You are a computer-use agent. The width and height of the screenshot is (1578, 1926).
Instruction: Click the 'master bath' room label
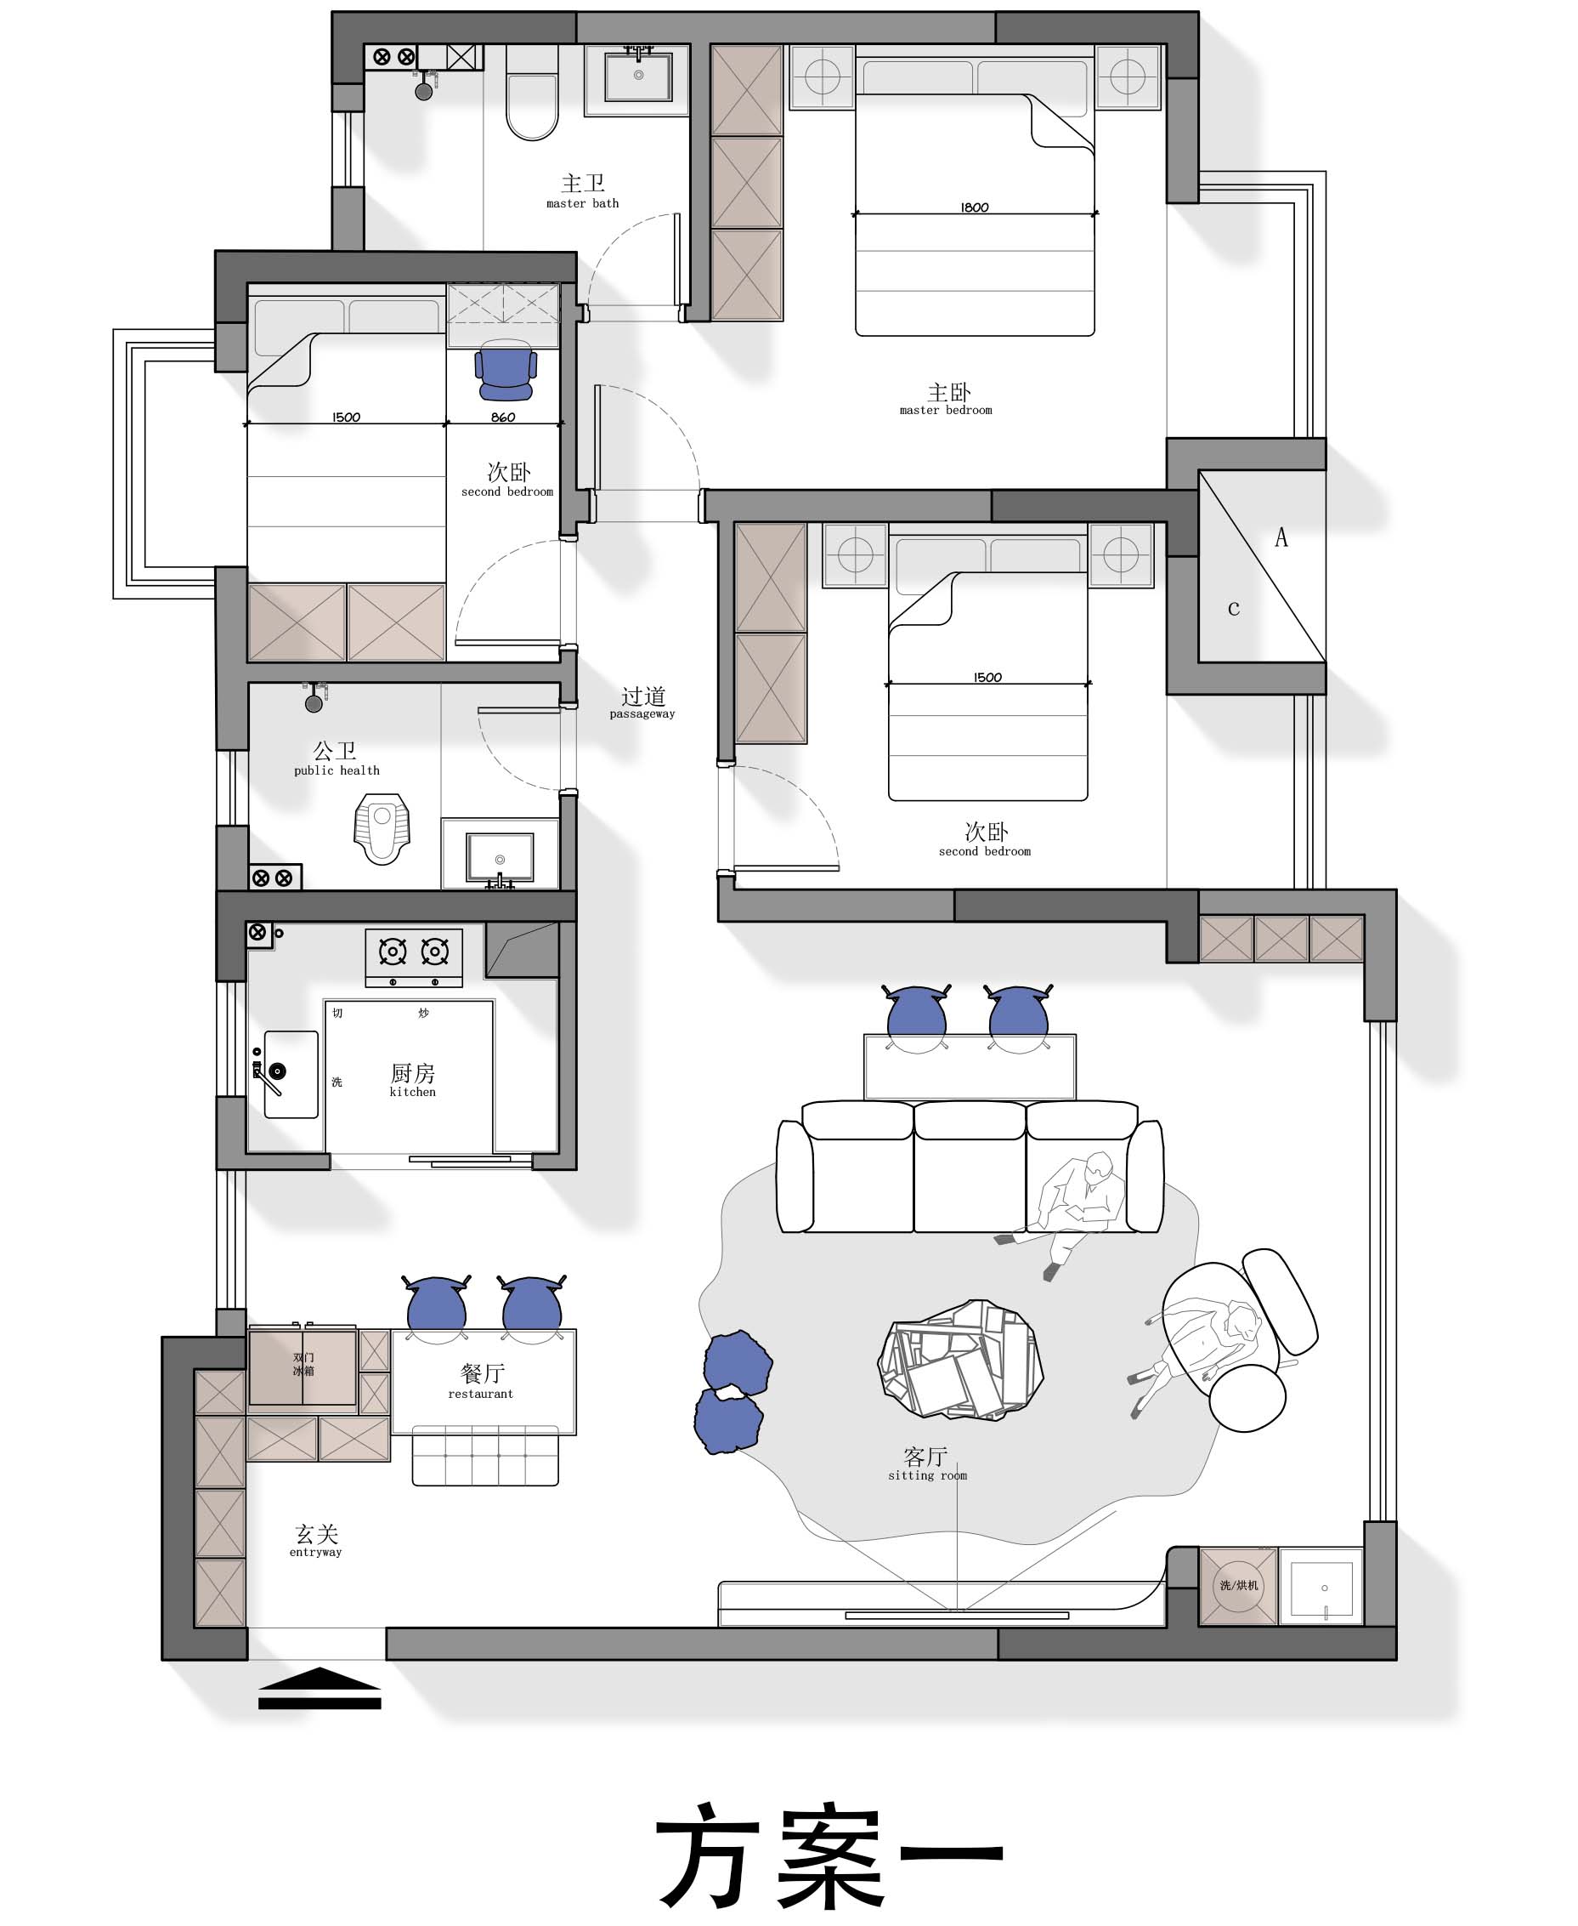tap(583, 204)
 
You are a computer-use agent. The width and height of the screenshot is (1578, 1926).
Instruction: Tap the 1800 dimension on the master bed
tap(975, 207)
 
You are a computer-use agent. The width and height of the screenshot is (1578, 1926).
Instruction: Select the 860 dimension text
tap(503, 418)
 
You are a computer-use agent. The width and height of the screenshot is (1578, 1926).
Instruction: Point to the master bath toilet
tap(532, 93)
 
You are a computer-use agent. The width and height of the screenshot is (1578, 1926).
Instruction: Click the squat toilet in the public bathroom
tap(382, 827)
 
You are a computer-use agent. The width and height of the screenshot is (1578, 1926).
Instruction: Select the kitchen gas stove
tap(414, 957)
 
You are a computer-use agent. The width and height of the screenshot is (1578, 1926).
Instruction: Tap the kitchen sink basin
tap(291, 1074)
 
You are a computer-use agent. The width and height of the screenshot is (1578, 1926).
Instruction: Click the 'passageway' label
tap(642, 713)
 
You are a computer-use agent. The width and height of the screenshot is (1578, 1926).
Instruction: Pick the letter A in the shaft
tap(1281, 537)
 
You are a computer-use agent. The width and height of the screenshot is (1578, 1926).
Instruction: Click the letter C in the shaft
tap(1234, 608)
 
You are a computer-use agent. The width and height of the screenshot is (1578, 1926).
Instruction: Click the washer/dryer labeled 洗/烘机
tap(1238, 1586)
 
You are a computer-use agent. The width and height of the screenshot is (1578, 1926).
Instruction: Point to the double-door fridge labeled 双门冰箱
tap(303, 1366)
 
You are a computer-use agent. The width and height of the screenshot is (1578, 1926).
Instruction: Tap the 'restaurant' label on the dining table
tap(481, 1394)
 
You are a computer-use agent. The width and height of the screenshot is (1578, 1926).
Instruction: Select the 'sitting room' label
tap(927, 1476)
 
